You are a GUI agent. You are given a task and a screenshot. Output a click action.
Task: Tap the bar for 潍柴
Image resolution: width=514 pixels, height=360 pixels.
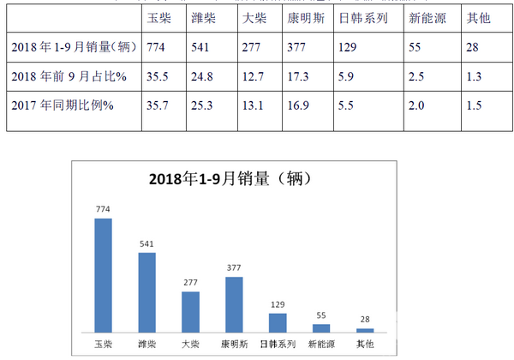click(x=146, y=291)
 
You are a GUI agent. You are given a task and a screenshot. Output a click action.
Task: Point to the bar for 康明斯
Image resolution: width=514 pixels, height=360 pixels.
click(x=234, y=303)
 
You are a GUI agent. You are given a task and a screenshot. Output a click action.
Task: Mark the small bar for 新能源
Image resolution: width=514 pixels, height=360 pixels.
click(x=321, y=327)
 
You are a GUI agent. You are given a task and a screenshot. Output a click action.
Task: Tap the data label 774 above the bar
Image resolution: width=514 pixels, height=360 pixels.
click(x=103, y=209)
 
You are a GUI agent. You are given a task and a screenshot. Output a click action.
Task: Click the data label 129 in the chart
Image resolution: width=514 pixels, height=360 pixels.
click(x=278, y=304)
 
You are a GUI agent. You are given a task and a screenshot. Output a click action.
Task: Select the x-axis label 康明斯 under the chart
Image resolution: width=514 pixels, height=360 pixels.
click(x=234, y=344)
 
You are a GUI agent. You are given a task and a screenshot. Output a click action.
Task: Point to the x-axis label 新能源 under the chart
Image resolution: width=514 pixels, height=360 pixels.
click(x=321, y=344)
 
